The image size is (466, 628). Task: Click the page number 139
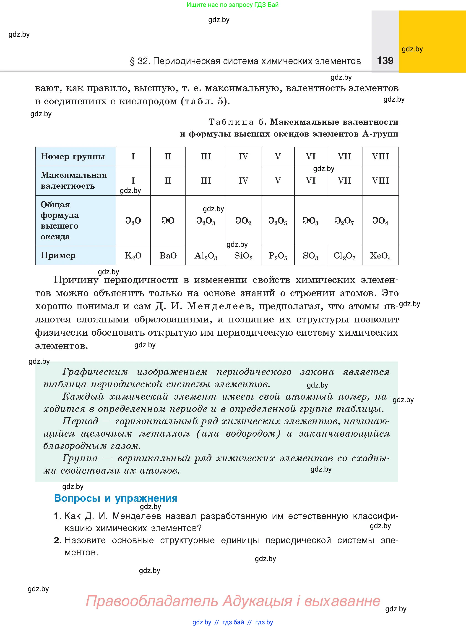[385, 61]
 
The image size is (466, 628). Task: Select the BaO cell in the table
[168, 256]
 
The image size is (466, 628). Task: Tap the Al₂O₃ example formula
[206, 256]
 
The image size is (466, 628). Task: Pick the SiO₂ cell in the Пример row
[243, 256]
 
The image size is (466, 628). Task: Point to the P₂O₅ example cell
[278, 256]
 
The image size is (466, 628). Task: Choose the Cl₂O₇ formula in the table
[344, 256]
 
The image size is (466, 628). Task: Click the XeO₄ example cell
[380, 256]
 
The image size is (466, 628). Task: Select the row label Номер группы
[73, 156]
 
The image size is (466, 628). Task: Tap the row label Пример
[58, 255]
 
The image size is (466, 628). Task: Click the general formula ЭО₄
[380, 221]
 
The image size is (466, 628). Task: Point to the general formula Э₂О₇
[344, 221]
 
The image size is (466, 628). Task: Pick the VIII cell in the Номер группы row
[380, 156]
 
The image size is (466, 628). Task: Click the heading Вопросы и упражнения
[116, 498]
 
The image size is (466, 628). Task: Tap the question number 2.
[57, 540]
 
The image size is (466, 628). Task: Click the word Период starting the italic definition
[80, 421]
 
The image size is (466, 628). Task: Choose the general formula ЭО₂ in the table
[243, 221]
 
